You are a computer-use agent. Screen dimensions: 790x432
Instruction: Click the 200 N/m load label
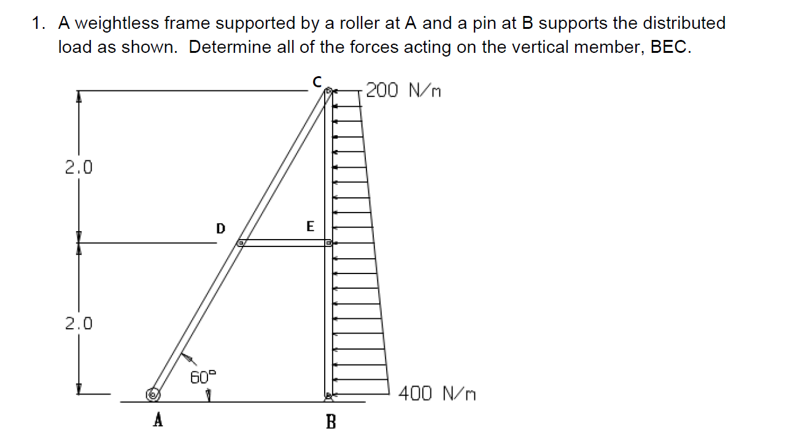pos(403,91)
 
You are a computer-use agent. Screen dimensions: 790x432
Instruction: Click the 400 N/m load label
pos(437,393)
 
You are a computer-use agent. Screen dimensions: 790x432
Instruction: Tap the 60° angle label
pos(203,377)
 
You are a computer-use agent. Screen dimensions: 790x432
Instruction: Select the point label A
pos(158,420)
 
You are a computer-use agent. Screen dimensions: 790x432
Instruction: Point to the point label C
pos(317,81)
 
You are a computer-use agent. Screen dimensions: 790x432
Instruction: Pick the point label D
pos(220,229)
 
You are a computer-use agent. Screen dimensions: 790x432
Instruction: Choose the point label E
pos(310,227)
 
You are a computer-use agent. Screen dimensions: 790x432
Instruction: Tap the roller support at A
pos(152,394)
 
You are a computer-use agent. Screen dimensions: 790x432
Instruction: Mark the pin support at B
pos(328,396)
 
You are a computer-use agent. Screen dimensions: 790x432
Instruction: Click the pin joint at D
pos(241,243)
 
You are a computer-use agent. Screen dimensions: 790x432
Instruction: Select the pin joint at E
pos(328,243)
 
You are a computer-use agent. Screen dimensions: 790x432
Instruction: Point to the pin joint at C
pos(328,92)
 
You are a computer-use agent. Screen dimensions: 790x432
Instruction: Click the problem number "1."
pos(39,23)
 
